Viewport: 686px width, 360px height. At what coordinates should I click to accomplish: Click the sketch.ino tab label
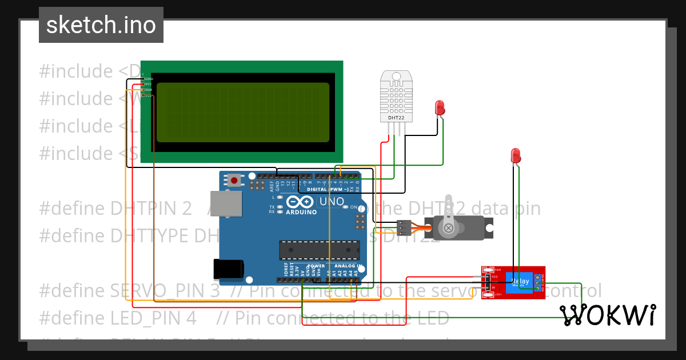(101, 25)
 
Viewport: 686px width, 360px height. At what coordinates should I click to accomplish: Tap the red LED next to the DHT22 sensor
(440, 107)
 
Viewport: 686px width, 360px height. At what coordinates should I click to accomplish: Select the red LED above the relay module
(515, 155)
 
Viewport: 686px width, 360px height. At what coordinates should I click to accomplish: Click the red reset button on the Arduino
(234, 181)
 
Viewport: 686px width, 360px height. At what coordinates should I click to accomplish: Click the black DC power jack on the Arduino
(228, 269)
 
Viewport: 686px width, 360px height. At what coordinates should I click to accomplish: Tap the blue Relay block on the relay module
(520, 282)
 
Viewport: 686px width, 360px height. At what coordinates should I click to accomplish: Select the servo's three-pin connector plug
(404, 227)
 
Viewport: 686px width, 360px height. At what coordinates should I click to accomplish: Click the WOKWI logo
(607, 315)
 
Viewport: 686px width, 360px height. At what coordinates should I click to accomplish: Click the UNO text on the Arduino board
(331, 202)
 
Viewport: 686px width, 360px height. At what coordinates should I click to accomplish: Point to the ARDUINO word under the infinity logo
(301, 212)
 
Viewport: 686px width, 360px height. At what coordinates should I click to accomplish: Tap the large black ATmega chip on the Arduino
(319, 250)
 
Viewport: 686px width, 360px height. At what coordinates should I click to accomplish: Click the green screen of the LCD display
(242, 112)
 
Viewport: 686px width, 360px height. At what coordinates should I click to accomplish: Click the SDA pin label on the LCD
(148, 90)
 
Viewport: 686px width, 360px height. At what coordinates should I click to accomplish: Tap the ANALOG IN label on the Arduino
(345, 266)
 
